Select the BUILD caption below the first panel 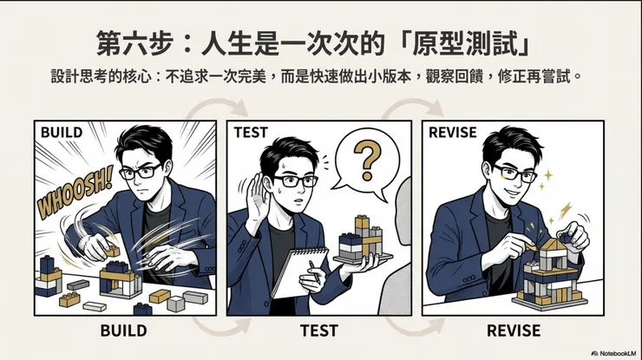click(123, 331)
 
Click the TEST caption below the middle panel click(318, 331)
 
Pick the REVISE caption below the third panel click(513, 331)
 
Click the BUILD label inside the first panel click(62, 132)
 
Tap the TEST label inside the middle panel click(251, 132)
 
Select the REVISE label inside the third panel click(449, 132)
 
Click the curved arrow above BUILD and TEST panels click(212, 109)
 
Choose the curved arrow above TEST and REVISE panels click(404, 109)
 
